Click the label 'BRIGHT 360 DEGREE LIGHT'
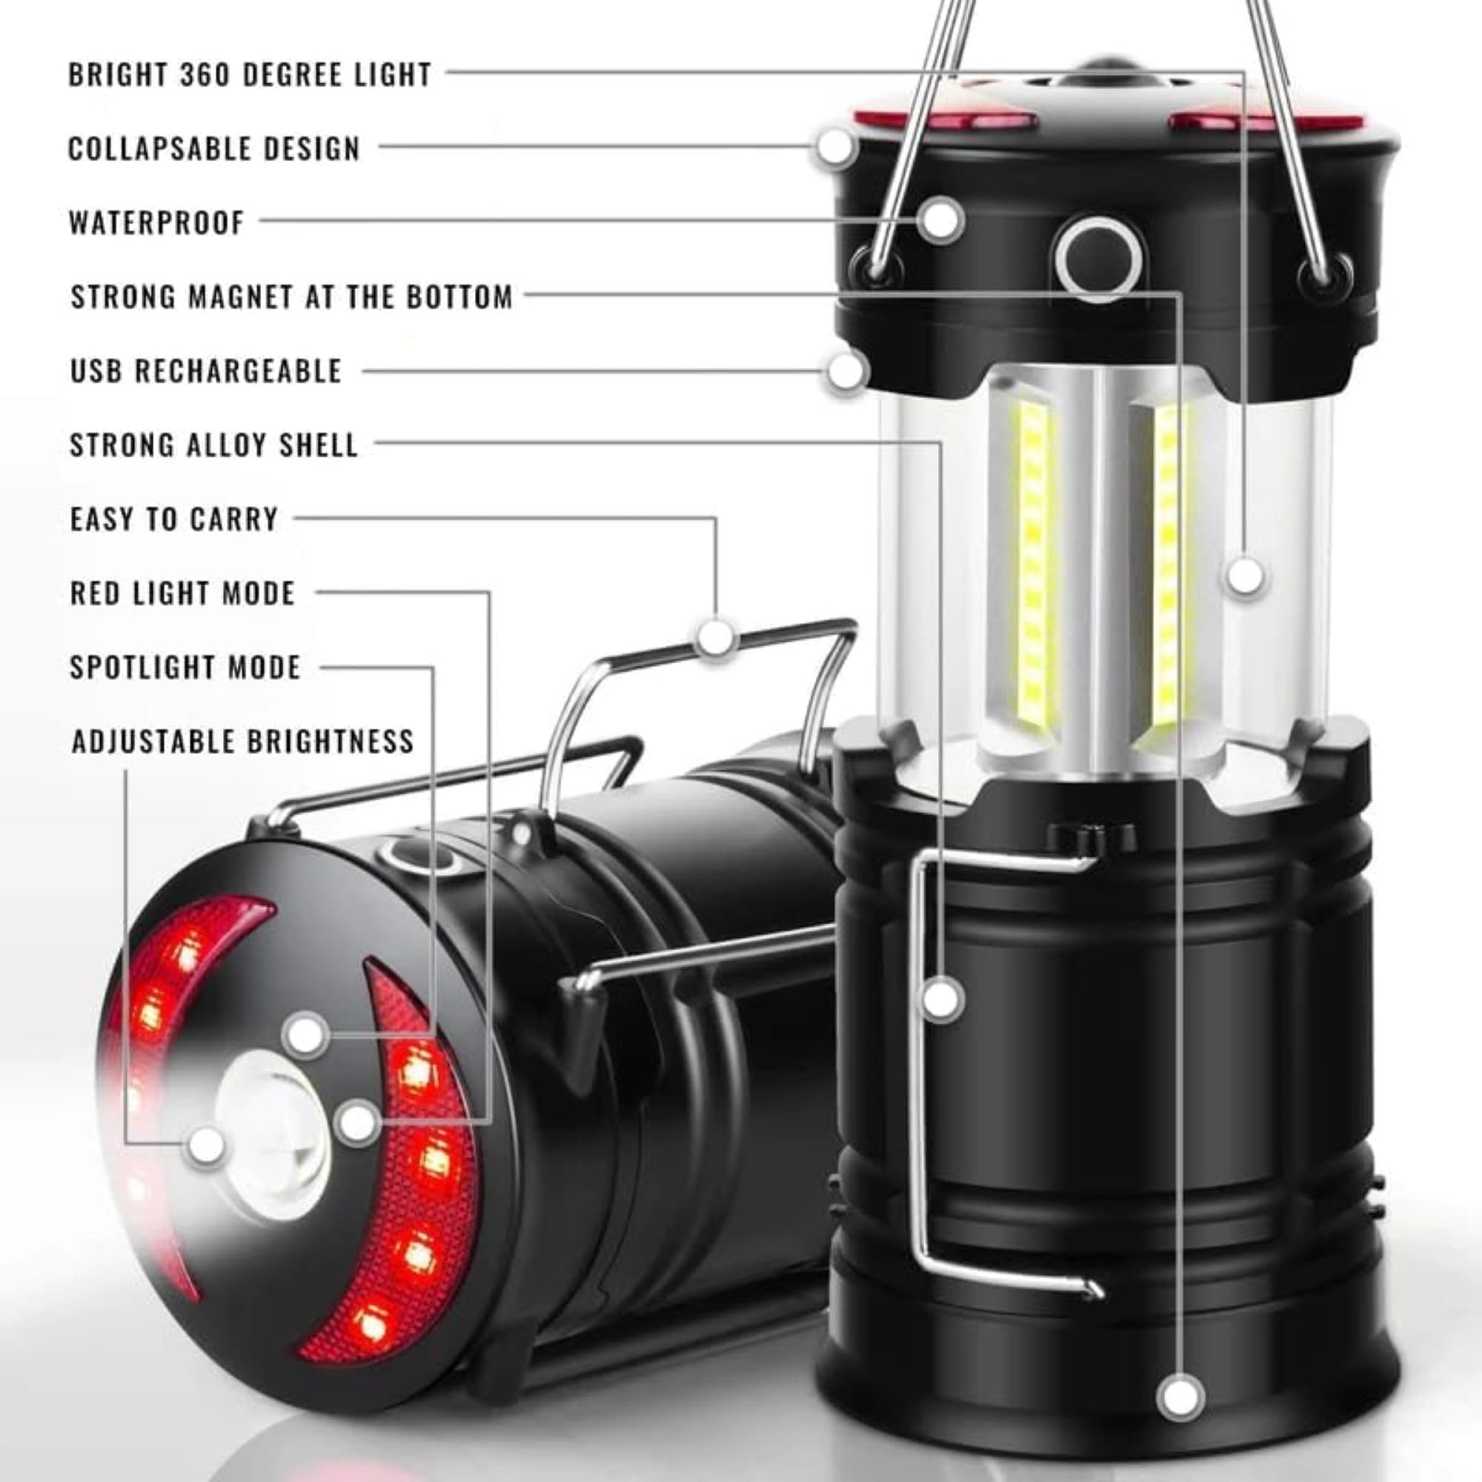[x=249, y=74]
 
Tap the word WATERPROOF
[x=156, y=222]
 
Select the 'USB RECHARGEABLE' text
[x=205, y=370]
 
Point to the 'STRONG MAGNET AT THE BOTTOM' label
[x=291, y=296]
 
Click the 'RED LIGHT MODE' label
[x=182, y=593]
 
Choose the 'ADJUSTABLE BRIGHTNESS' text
[x=242, y=741]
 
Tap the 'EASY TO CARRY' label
[x=174, y=519]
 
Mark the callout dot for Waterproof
[x=940, y=219]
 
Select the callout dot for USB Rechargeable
[x=845, y=371]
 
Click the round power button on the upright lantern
[x=1097, y=259]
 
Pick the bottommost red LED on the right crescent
[x=370, y=1326]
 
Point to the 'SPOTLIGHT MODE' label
[x=185, y=668]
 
